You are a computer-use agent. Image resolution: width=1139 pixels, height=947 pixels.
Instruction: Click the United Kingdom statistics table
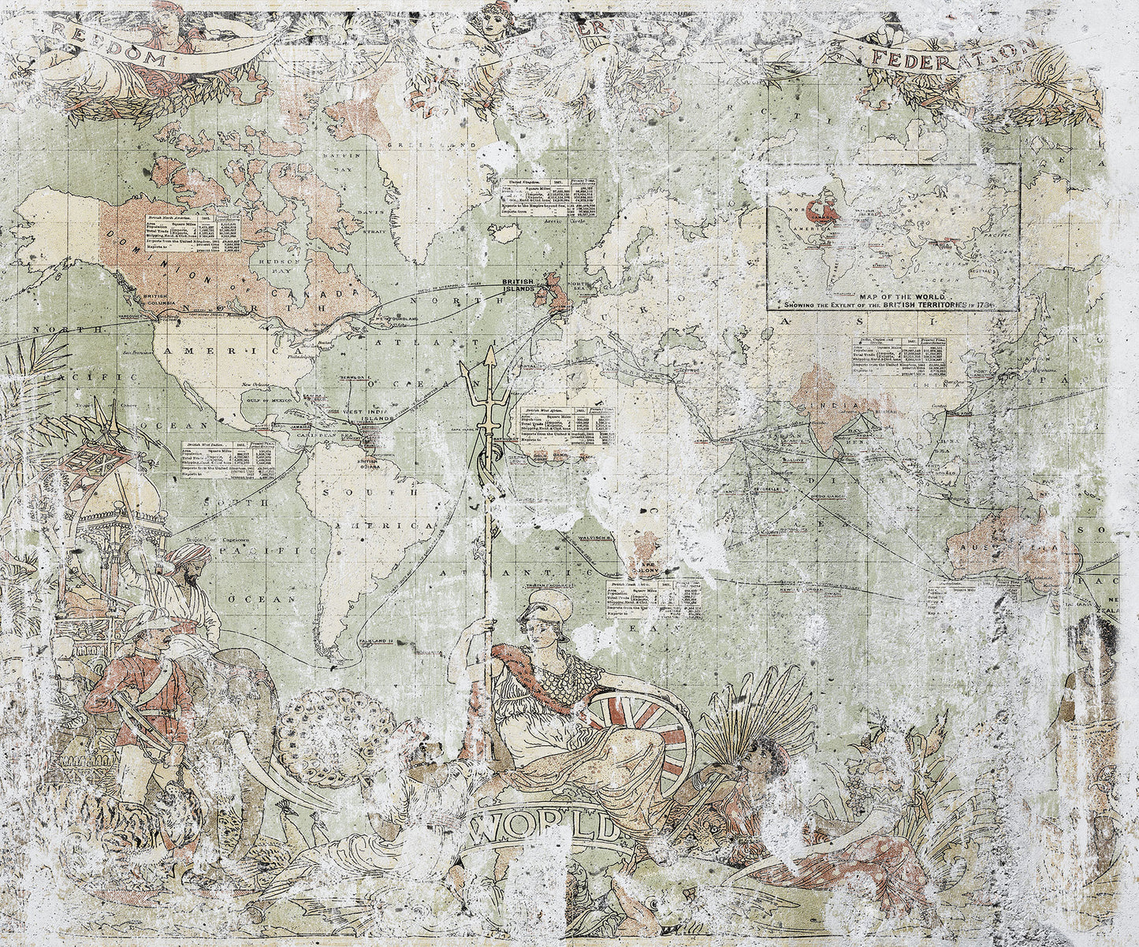click(x=549, y=198)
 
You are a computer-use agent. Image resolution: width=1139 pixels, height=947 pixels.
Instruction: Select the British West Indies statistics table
click(x=228, y=460)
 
